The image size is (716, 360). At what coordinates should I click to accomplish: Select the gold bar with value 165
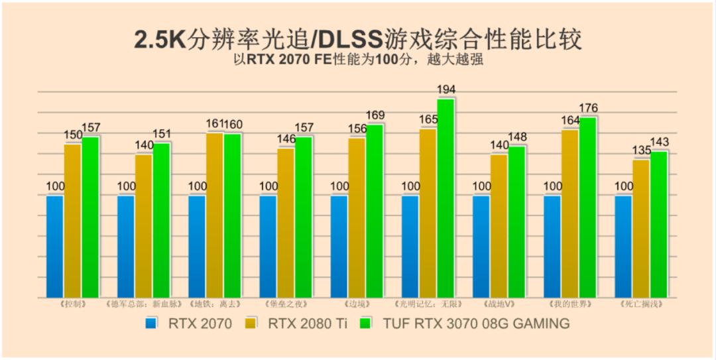click(x=428, y=212)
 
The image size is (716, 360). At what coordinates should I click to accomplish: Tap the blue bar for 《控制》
click(x=55, y=246)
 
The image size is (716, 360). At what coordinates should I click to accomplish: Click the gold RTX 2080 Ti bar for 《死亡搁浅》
click(x=641, y=228)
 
